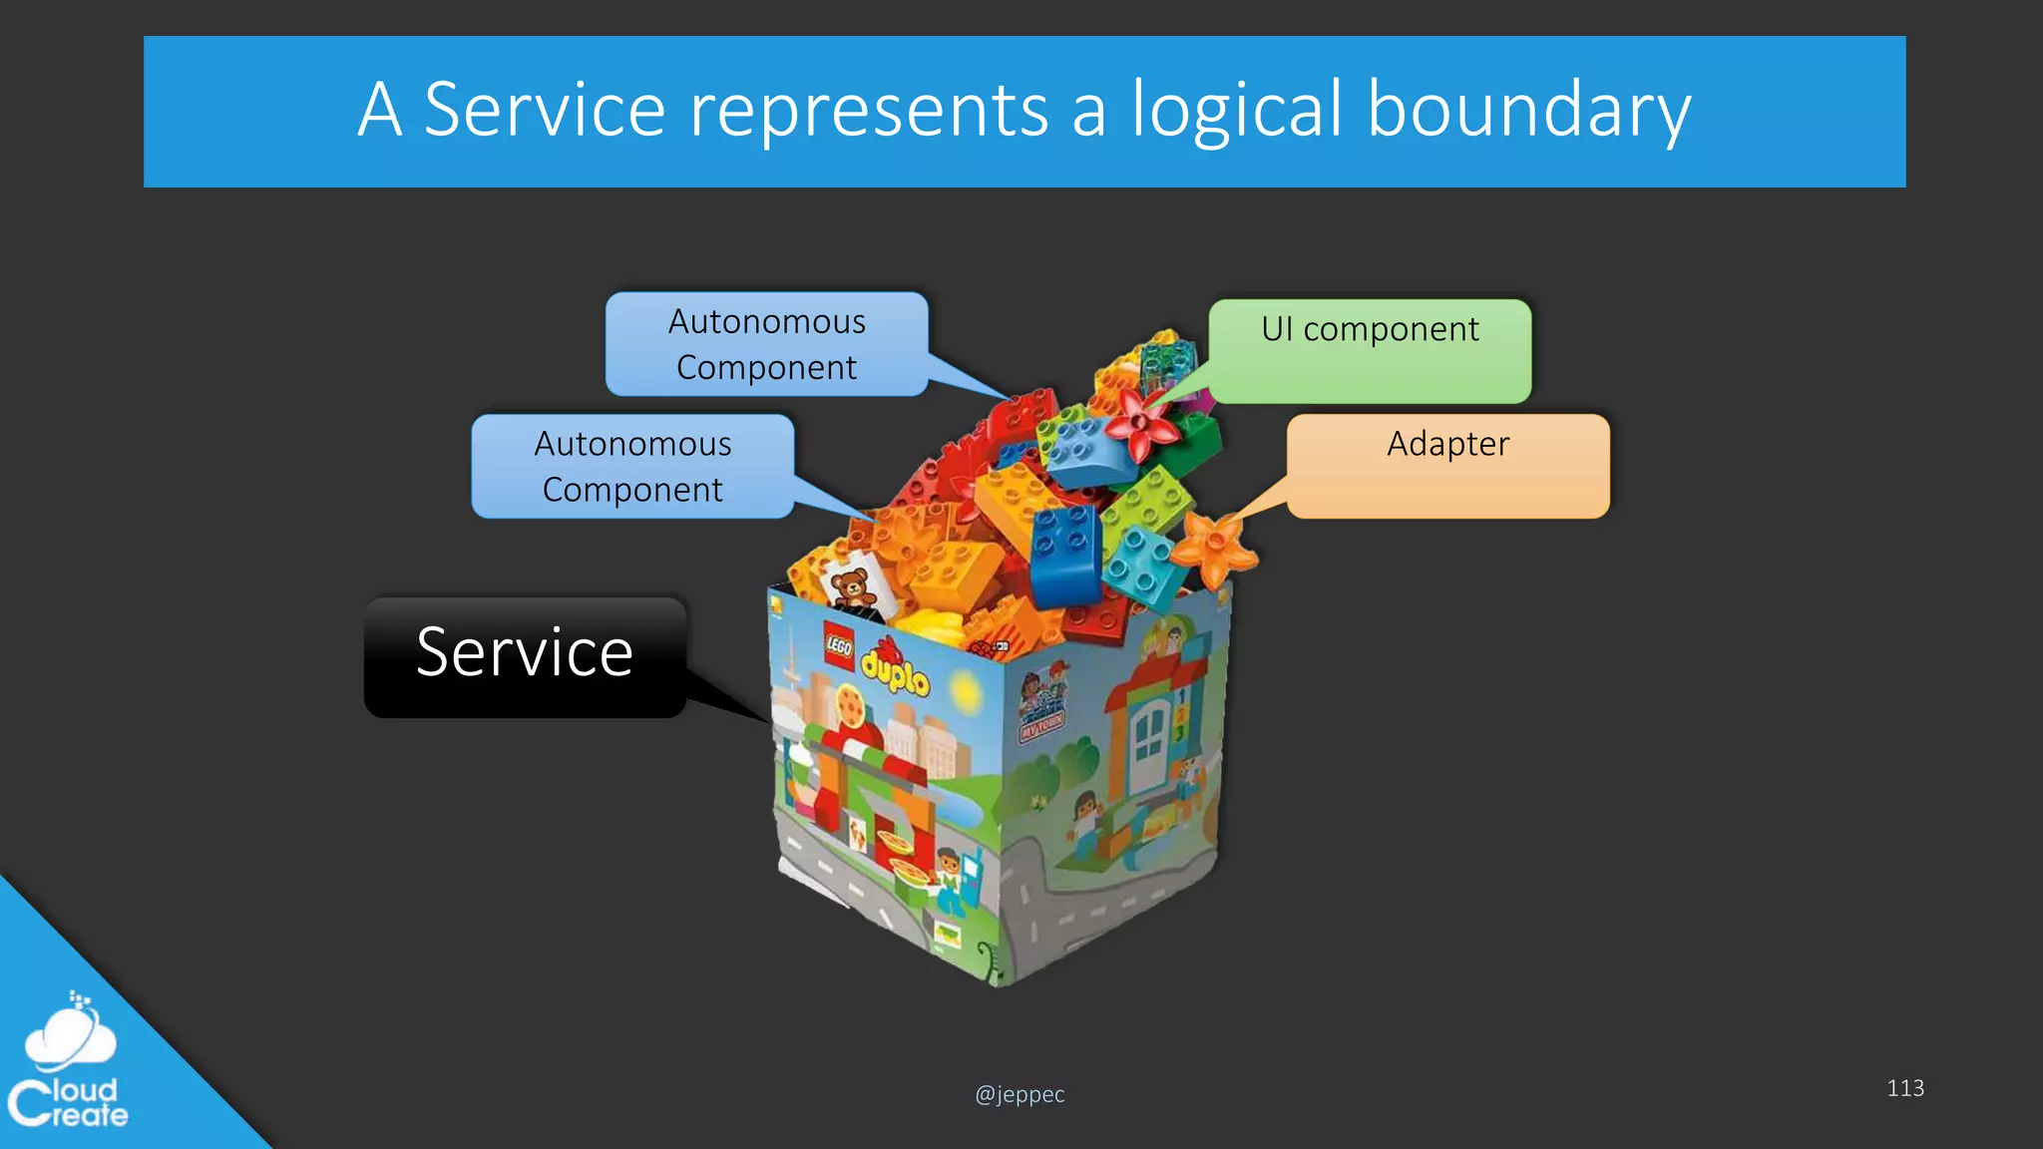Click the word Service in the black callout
coord(525,653)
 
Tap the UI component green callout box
coord(1370,350)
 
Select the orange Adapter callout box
coord(1447,465)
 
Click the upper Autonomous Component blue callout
coord(766,344)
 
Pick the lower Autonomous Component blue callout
coord(632,466)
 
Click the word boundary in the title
coord(1528,110)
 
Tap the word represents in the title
coord(869,110)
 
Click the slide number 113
coord(1904,1088)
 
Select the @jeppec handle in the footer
coord(1020,1094)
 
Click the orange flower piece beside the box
coord(1214,547)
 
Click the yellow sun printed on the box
coord(965,688)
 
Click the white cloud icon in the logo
coord(70,1037)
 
